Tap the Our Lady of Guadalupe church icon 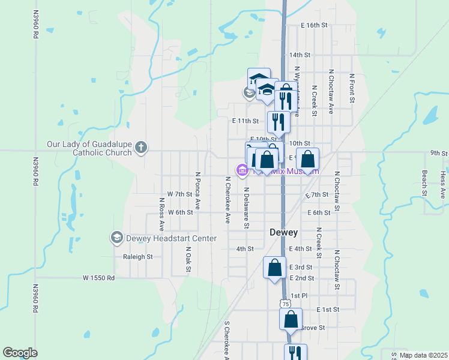point(141,148)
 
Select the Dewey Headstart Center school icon point(116,238)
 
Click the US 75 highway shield point(285,305)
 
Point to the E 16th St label point(315,26)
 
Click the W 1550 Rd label point(98,278)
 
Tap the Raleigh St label point(137,256)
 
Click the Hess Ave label point(443,184)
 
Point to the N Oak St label point(188,259)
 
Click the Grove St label point(313,328)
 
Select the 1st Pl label point(298,296)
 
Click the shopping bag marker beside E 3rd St point(274,268)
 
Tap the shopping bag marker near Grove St point(291,320)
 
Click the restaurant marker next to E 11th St point(279,121)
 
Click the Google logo point(20,353)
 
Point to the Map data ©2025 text point(423,355)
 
